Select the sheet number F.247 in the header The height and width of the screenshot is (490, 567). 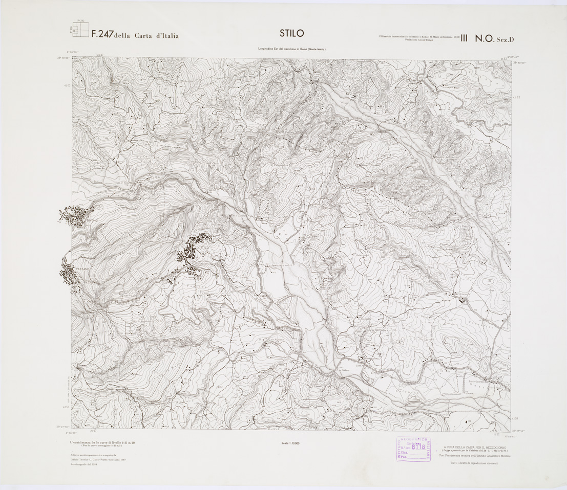point(102,35)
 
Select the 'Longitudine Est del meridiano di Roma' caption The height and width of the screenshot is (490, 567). point(291,49)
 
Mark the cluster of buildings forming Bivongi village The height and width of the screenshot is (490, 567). point(75,215)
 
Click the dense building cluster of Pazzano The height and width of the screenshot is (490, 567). point(69,275)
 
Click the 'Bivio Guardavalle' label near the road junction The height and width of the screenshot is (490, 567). point(479,381)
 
